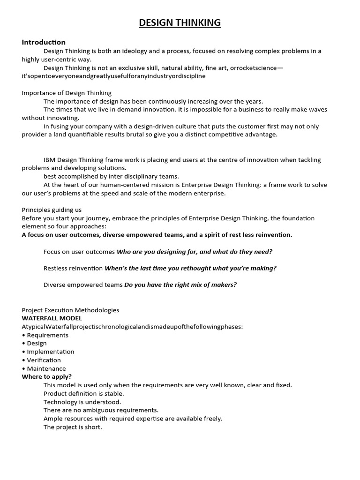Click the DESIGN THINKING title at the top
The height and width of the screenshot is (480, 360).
pyautogui.click(x=180, y=22)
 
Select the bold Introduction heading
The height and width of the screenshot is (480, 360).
pyautogui.click(x=44, y=42)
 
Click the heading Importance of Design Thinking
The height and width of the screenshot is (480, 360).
pyautogui.click(x=67, y=93)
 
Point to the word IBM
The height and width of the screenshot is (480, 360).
pyautogui.click(x=50, y=160)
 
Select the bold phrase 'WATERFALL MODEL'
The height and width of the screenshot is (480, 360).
pyautogui.click(x=52, y=318)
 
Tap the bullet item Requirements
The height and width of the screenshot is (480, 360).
pyautogui.click(x=47, y=335)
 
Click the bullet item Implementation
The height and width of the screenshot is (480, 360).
pyautogui.click(x=50, y=352)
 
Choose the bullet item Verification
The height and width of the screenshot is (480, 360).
pyautogui.click(x=44, y=360)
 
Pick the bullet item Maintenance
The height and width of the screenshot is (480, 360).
pyautogui.click(x=46, y=368)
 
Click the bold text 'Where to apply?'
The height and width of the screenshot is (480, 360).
pyautogui.click(x=47, y=376)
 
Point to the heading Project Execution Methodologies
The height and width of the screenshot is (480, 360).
pyautogui.click(x=70, y=310)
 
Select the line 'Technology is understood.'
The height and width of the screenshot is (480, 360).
pyautogui.click(x=82, y=402)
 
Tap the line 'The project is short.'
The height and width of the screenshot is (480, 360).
pyautogui.click(x=73, y=427)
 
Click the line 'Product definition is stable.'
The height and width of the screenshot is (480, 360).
pyautogui.click(x=84, y=393)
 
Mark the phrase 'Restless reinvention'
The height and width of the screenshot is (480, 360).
pyautogui.click(x=73, y=268)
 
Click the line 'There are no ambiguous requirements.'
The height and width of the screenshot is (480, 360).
pyautogui.click(x=101, y=410)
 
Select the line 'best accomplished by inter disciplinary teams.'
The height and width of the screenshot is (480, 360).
pyautogui.click(x=111, y=176)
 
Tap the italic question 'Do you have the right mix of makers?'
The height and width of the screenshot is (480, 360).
pyautogui.click(x=180, y=285)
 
